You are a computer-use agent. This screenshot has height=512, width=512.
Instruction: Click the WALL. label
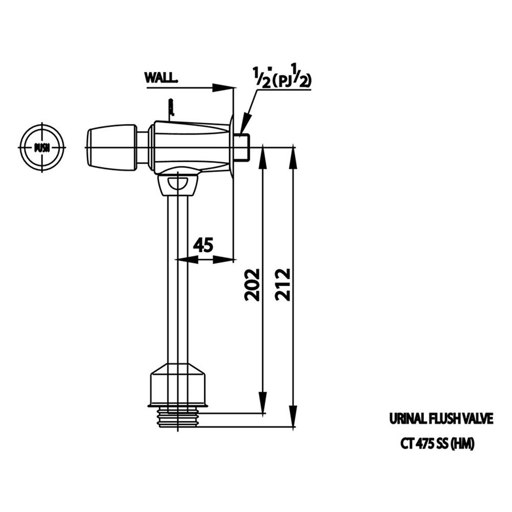161,78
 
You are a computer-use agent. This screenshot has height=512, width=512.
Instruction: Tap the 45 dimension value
203,245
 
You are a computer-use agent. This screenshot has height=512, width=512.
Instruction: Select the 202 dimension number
252,284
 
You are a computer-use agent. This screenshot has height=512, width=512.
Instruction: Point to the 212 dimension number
283,284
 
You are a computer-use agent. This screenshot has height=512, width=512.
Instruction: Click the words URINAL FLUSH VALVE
440,418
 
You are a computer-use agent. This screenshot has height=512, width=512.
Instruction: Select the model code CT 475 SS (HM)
437,444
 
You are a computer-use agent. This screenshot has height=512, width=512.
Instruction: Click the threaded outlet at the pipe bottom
178,417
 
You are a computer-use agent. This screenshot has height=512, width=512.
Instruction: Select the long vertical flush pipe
178,276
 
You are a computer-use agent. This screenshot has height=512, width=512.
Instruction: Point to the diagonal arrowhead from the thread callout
244,125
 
